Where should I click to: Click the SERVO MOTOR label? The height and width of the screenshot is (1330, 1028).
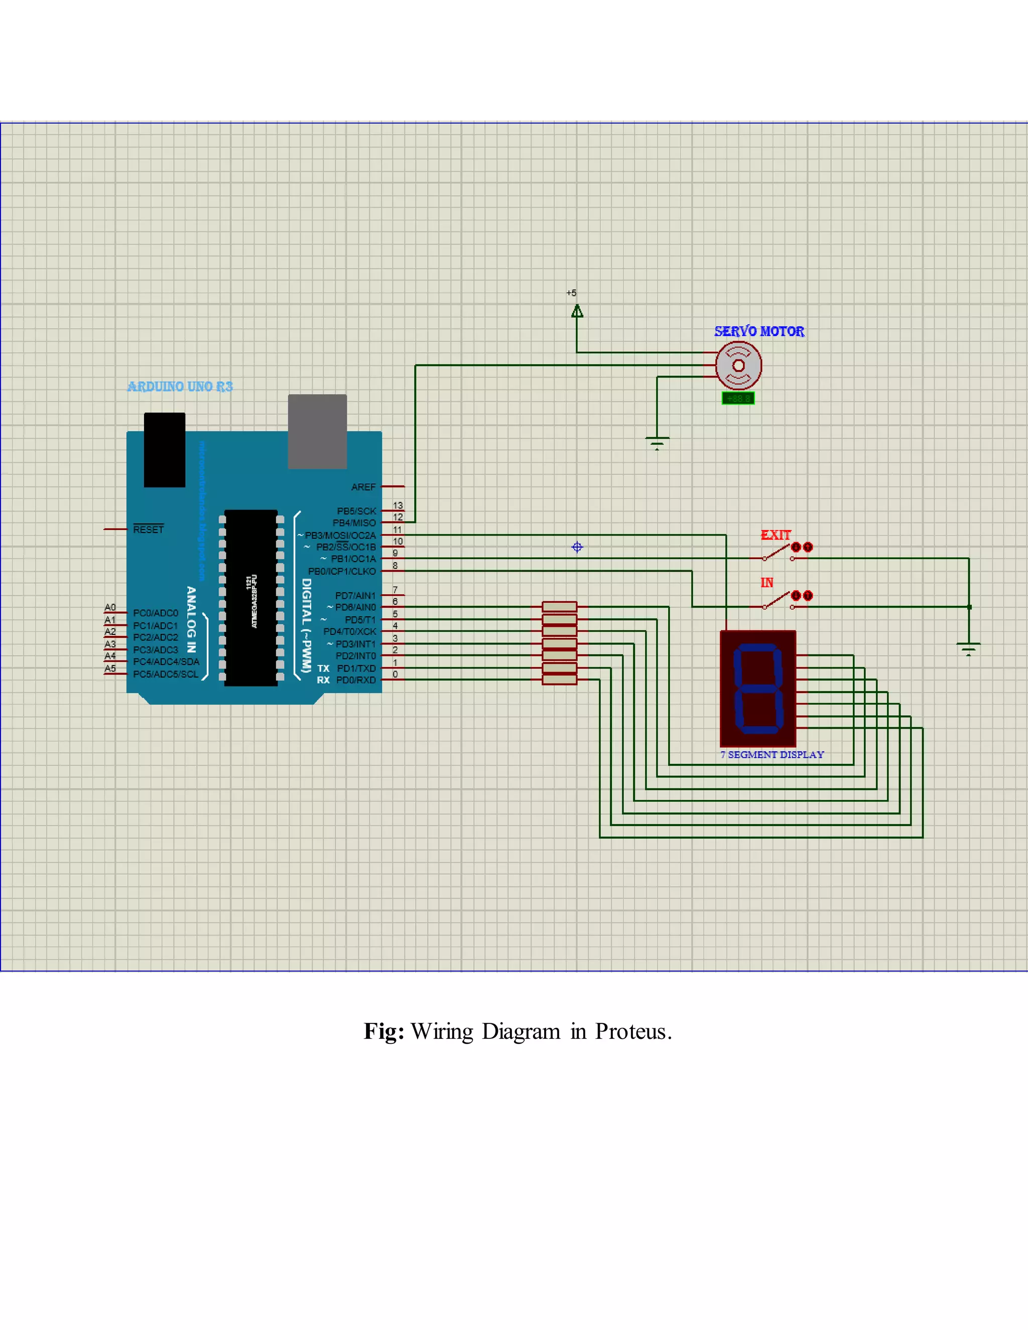tap(759, 331)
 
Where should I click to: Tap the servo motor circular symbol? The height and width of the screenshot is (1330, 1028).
tap(738, 365)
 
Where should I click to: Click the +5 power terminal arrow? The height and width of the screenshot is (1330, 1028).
tap(577, 311)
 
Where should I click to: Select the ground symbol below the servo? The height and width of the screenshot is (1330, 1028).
tap(657, 442)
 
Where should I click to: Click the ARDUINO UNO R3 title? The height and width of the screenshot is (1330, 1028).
tap(180, 386)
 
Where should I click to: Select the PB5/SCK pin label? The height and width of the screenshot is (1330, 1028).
tap(356, 511)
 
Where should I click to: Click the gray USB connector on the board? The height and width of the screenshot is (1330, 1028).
tap(317, 431)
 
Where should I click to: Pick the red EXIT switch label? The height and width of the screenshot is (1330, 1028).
tap(775, 536)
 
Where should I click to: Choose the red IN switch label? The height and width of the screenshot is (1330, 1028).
tap(767, 583)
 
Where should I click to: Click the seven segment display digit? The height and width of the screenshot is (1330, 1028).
tap(757, 688)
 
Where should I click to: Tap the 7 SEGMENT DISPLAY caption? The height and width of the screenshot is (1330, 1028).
tap(772, 754)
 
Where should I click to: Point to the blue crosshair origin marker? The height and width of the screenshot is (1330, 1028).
tap(577, 547)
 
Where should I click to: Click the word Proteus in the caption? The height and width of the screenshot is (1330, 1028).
tap(633, 1031)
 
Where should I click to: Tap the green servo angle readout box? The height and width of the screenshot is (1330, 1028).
tap(737, 398)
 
